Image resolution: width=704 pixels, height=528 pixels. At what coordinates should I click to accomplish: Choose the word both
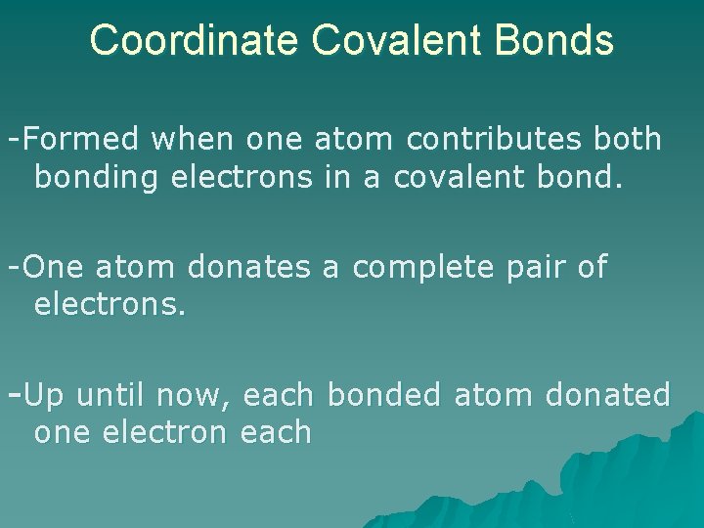point(626,139)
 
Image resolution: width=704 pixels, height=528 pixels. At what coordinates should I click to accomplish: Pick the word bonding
point(96,178)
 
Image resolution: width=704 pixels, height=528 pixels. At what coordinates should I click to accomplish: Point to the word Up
point(44,395)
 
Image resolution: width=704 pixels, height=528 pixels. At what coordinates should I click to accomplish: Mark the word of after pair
point(592,266)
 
